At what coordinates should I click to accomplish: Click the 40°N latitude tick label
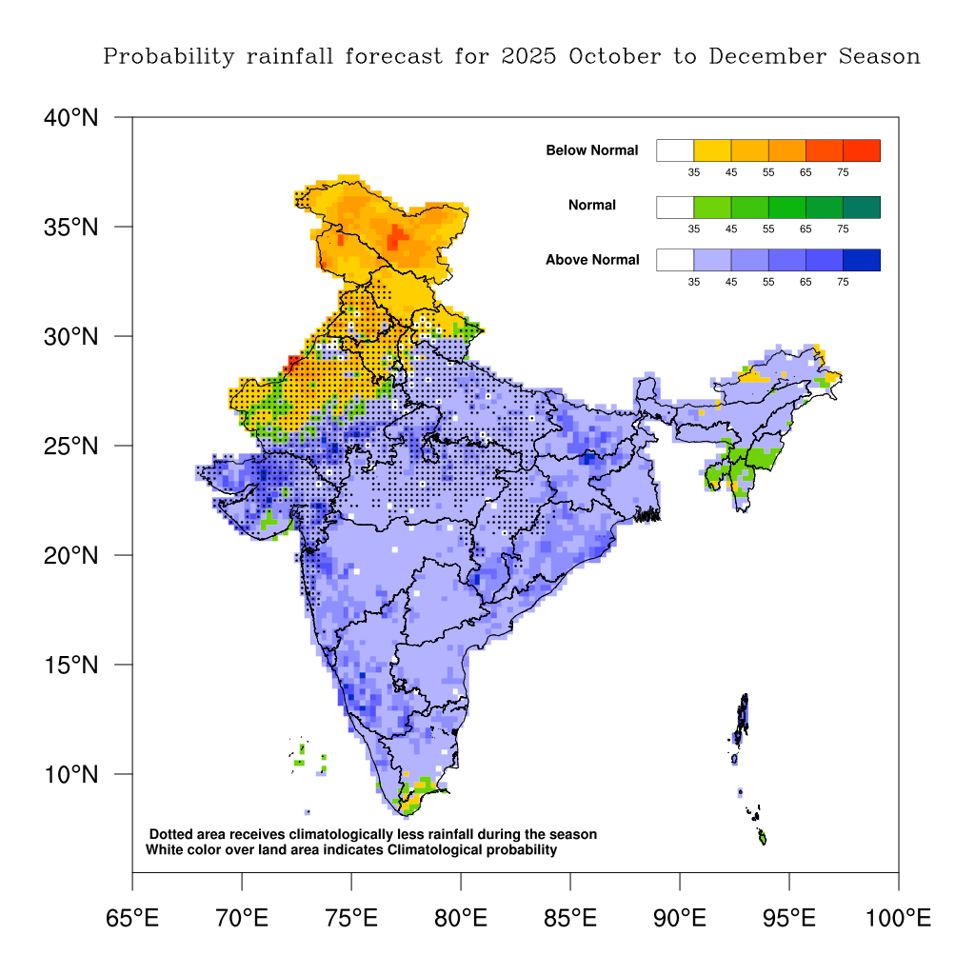click(71, 118)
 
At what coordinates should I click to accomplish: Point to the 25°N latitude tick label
click(71, 446)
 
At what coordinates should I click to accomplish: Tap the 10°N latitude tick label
click(71, 774)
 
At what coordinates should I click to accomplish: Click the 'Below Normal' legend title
click(591, 150)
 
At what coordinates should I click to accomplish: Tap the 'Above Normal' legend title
click(591, 260)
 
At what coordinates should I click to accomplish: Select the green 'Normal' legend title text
click(591, 205)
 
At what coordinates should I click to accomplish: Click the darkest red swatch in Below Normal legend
click(861, 150)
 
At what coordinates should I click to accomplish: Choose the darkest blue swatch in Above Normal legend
click(861, 260)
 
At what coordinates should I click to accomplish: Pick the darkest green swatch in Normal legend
click(861, 207)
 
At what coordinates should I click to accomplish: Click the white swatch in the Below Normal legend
click(674, 150)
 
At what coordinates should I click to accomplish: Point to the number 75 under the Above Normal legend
click(843, 283)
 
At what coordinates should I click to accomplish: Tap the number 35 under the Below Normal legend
click(694, 173)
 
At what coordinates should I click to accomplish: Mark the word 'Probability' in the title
click(168, 56)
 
